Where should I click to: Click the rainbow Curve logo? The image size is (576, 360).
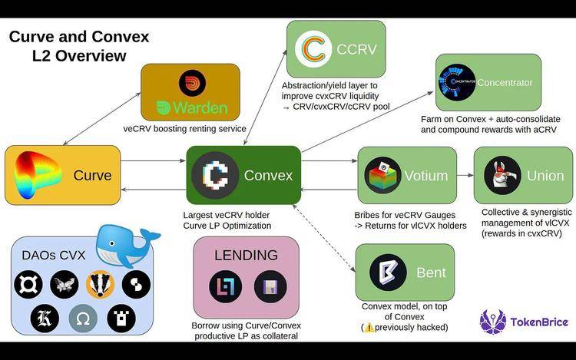(x=36, y=175)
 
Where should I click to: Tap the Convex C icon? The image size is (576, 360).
(x=215, y=176)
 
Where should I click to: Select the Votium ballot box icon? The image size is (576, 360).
(x=382, y=176)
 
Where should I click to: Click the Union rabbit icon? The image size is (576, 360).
(x=502, y=175)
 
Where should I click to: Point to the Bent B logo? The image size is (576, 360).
(x=388, y=272)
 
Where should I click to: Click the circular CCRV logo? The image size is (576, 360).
(x=313, y=49)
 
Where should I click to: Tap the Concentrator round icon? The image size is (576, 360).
(x=457, y=82)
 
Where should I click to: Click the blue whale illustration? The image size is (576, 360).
(x=127, y=245)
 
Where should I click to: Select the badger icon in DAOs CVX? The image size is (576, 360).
(x=100, y=284)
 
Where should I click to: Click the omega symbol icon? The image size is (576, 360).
(x=83, y=318)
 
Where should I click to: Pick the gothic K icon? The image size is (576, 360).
(x=45, y=318)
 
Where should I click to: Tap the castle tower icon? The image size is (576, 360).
(x=121, y=318)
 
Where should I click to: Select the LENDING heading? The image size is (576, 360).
(x=246, y=255)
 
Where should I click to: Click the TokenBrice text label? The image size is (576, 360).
(x=539, y=322)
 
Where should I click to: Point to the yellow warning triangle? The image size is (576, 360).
(x=369, y=327)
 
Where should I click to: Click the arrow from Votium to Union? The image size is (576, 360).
(x=465, y=176)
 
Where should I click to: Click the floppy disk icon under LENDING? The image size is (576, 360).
(x=270, y=286)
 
